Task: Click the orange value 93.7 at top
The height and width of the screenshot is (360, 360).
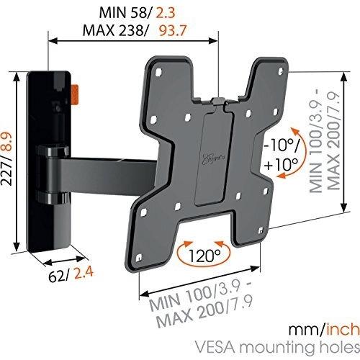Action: point(173,30)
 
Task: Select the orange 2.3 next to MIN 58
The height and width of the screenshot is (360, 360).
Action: point(166,12)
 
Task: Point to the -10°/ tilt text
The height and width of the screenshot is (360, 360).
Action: point(282,145)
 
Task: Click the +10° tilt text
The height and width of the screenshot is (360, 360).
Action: point(282,164)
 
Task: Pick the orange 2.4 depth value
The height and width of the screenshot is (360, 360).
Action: point(84,274)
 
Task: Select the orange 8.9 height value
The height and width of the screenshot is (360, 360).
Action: point(6,142)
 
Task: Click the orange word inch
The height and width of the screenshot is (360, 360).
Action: point(343,329)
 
